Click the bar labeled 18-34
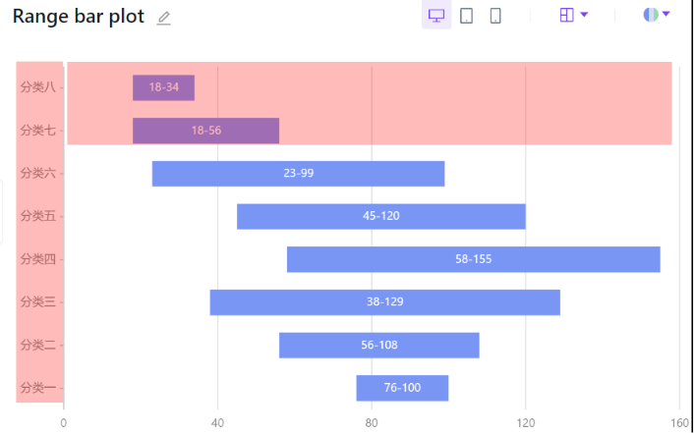click(163, 87)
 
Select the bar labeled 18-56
click(205, 131)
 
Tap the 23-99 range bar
click(298, 173)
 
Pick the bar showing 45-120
click(380, 216)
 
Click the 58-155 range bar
click(473, 259)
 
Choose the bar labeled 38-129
click(384, 302)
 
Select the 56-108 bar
click(378, 345)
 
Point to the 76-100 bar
click(402, 388)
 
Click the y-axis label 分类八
click(37, 87)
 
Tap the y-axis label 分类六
click(37, 173)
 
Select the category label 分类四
click(37, 259)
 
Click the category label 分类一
click(37, 388)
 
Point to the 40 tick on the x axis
click(217, 423)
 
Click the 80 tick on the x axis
click(372, 423)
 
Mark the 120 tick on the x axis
click(526, 423)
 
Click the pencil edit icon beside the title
click(164, 18)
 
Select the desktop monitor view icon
click(436, 16)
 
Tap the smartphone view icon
click(495, 16)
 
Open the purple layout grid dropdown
click(573, 15)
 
